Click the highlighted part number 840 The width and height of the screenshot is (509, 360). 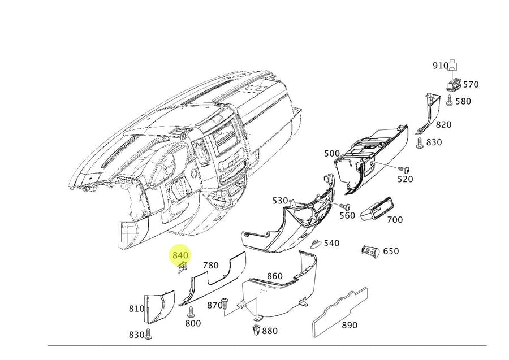(180, 255)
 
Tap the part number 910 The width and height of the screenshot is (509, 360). (440, 66)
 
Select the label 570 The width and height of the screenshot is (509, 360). (471, 84)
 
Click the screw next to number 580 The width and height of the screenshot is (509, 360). (448, 101)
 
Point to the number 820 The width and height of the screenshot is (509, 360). (443, 124)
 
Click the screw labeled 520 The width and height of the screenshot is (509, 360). (405, 169)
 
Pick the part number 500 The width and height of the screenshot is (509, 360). (332, 153)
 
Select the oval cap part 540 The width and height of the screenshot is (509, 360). (316, 244)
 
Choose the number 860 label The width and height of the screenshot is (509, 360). (274, 276)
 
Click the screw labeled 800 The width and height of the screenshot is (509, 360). (191, 311)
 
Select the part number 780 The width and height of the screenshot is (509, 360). (210, 265)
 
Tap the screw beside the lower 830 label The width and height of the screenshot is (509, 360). (149, 333)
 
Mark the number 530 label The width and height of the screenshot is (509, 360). (280, 201)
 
